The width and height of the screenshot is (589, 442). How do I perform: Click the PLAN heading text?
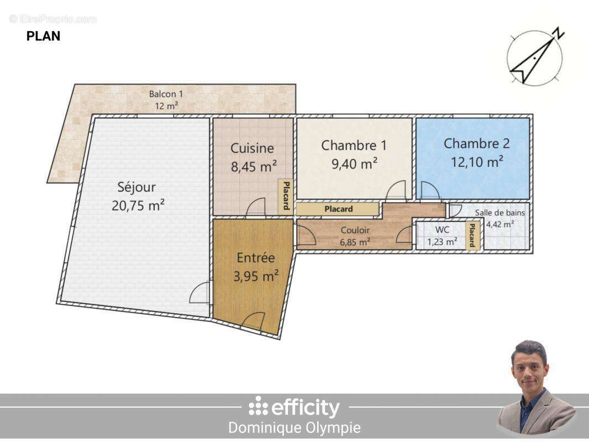point(43,36)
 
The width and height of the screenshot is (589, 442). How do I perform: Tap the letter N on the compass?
point(560,33)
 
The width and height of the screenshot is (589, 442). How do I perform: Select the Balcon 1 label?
point(166,93)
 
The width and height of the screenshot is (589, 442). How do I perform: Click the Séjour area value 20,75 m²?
point(138,206)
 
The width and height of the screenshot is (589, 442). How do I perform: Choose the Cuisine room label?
point(252,148)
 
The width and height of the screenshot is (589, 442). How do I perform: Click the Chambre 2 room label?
point(476,144)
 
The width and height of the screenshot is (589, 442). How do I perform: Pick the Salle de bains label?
point(499,212)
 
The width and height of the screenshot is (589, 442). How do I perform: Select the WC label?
point(442,230)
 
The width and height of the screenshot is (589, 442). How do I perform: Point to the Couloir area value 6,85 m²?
point(355,241)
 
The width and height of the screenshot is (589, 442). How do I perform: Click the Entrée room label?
point(255,257)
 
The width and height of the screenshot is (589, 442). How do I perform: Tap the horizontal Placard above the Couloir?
point(338,209)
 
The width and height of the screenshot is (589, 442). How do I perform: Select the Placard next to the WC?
point(472,235)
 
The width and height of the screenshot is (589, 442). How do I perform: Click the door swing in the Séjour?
point(200,293)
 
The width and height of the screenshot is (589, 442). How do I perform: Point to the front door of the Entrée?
point(254,322)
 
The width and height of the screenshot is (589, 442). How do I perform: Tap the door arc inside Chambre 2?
point(429,191)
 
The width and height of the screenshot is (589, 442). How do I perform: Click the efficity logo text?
point(294,408)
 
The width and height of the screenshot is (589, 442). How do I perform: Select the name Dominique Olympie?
point(294,428)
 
